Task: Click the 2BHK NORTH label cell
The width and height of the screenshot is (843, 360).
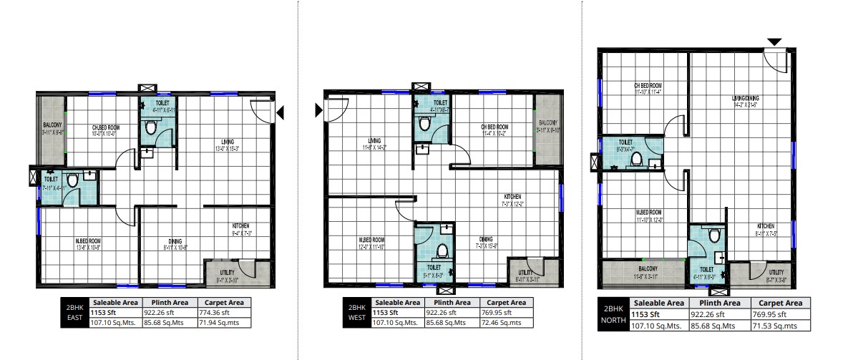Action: coord(613,315)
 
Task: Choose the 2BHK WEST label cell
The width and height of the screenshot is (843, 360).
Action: coord(356,312)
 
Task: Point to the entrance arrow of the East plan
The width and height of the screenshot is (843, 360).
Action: coord(281,112)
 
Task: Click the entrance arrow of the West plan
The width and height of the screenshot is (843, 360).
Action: coord(318,110)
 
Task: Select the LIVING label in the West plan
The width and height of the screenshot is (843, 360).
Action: coord(374,140)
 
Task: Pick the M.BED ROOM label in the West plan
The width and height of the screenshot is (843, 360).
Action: coord(372,240)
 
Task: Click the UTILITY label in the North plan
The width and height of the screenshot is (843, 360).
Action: coord(776,272)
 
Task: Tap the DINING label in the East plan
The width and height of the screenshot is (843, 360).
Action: coord(175,240)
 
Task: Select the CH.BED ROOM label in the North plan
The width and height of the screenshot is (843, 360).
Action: coord(647,84)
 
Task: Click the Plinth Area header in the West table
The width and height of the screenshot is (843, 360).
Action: coord(450,302)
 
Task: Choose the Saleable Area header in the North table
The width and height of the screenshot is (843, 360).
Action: coord(659,303)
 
